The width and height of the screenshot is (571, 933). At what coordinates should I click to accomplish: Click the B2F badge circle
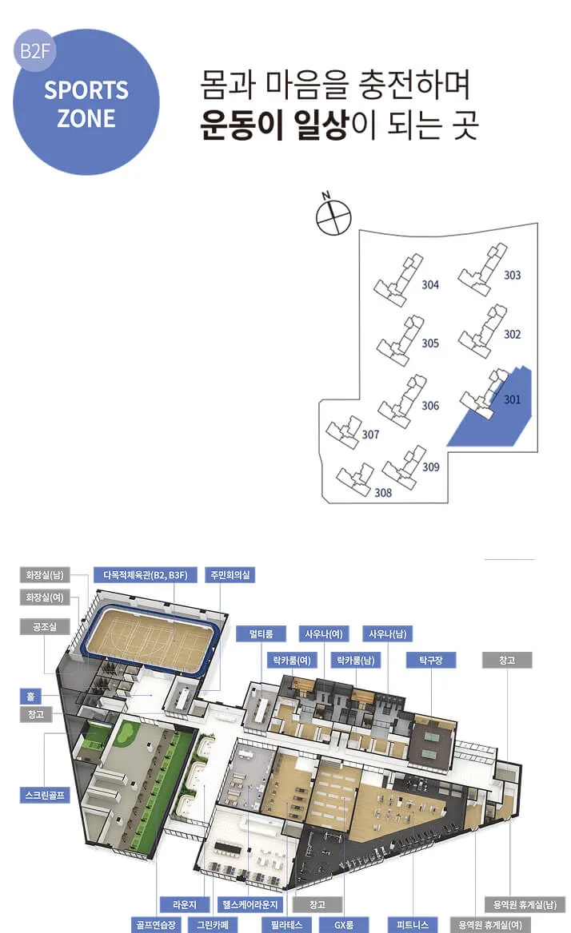pyautogui.click(x=34, y=50)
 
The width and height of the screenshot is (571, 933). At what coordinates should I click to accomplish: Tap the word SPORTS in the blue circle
pyautogui.click(x=86, y=90)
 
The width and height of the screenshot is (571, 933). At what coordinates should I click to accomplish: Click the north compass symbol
pyautogui.click(x=333, y=216)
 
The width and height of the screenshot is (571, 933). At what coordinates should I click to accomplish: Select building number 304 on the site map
pyautogui.click(x=430, y=285)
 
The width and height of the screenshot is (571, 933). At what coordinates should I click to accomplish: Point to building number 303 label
pyautogui.click(x=512, y=275)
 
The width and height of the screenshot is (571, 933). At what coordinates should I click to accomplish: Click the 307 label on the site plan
pyautogui.click(x=370, y=435)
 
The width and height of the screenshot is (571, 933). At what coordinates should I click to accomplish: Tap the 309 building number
pyautogui.click(x=431, y=467)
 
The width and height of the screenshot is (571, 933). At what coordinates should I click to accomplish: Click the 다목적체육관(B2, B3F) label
pyautogui.click(x=146, y=575)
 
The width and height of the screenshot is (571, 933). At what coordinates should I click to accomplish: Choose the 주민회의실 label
pyautogui.click(x=230, y=575)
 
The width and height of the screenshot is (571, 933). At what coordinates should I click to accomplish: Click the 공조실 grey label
pyautogui.click(x=45, y=626)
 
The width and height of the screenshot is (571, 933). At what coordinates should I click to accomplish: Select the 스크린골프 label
pyautogui.click(x=45, y=795)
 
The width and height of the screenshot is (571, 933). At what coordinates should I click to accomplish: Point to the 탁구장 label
pyautogui.click(x=431, y=660)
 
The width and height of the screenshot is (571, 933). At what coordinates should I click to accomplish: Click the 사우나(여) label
pyautogui.click(x=323, y=633)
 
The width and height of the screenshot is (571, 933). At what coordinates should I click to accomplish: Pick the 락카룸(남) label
pyautogui.click(x=356, y=660)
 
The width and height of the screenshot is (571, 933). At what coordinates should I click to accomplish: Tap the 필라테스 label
pyautogui.click(x=287, y=925)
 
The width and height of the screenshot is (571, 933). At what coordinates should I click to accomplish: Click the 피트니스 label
pyautogui.click(x=413, y=925)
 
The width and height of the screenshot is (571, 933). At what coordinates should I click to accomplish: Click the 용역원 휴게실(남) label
pyautogui.click(x=525, y=904)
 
